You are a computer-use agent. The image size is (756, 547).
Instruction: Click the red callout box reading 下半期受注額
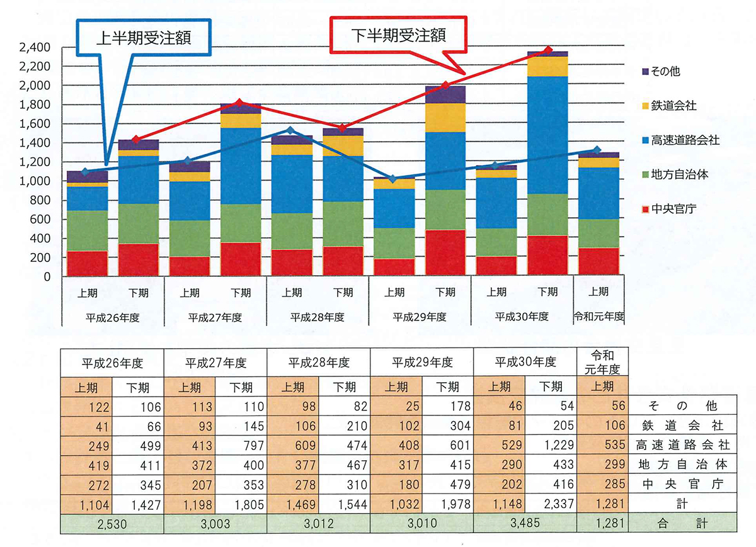pyautogui.click(x=399, y=35)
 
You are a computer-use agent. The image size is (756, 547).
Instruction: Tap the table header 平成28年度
pyautogui.click(x=319, y=363)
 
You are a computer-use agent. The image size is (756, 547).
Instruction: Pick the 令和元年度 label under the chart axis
pyautogui.click(x=598, y=316)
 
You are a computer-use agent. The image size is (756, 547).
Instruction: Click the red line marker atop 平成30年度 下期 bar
pyautogui.click(x=548, y=50)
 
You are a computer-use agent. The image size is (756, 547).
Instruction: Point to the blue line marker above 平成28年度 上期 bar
pyautogui.click(x=290, y=130)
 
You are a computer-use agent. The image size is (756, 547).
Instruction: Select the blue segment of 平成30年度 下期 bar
pyautogui.click(x=547, y=135)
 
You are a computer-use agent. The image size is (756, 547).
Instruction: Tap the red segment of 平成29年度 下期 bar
pyautogui.click(x=445, y=252)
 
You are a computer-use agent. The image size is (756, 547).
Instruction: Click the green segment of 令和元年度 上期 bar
pyautogui.click(x=598, y=233)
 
